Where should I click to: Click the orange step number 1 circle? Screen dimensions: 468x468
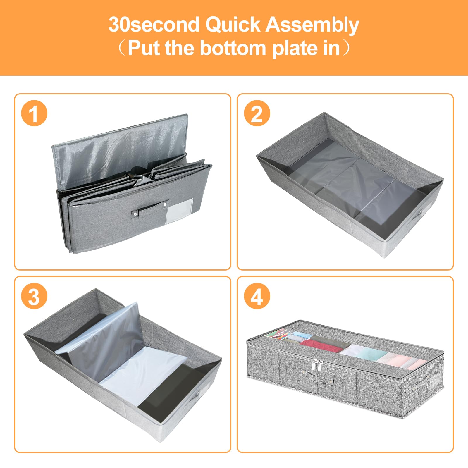(34, 113)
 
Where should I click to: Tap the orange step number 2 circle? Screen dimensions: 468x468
(257, 113)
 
